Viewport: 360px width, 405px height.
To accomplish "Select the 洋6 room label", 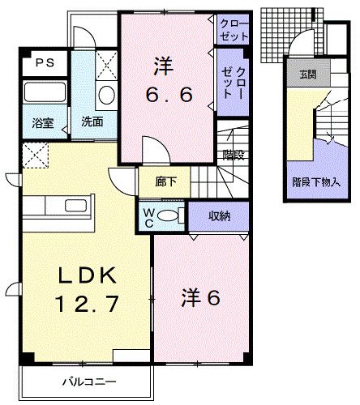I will pyautogui.click(x=200, y=297).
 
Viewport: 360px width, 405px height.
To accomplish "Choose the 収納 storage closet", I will pyautogui.click(x=217, y=215).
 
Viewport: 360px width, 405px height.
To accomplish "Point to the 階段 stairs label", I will pyautogui.click(x=234, y=155).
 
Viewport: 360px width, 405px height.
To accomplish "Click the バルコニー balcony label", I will pyautogui.click(x=89, y=382).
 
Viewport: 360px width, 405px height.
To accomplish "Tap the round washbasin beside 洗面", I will pyautogui.click(x=105, y=96).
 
